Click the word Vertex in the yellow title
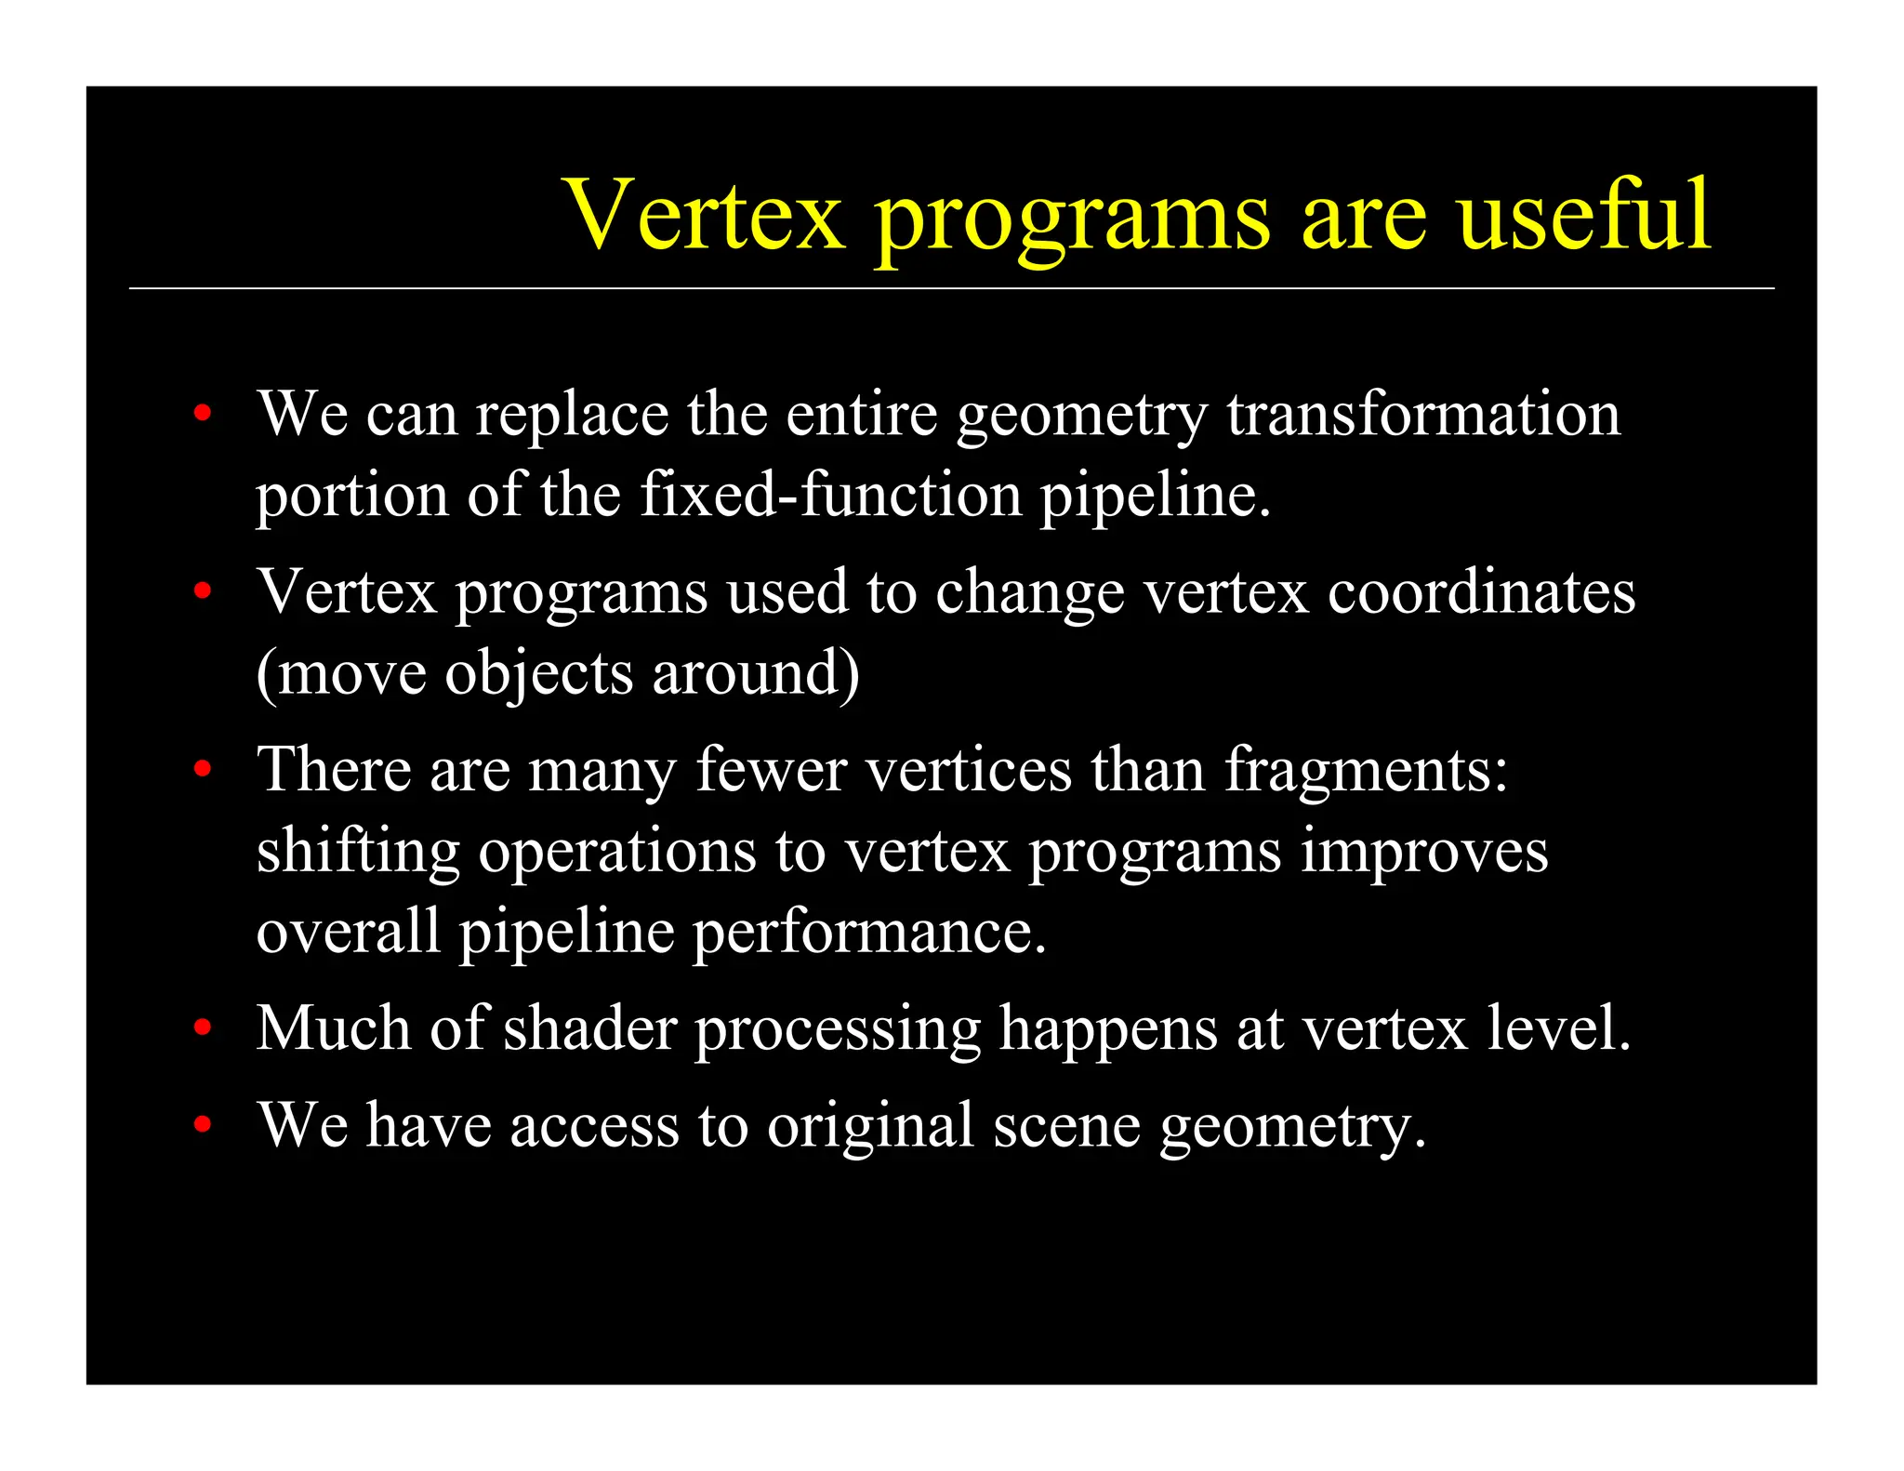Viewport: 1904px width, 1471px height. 705,216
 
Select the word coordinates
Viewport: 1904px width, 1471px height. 1480,591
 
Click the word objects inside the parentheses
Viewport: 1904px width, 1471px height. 538,673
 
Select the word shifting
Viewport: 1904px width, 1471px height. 358,852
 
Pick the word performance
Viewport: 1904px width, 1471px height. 868,933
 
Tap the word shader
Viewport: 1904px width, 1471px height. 589,1028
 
